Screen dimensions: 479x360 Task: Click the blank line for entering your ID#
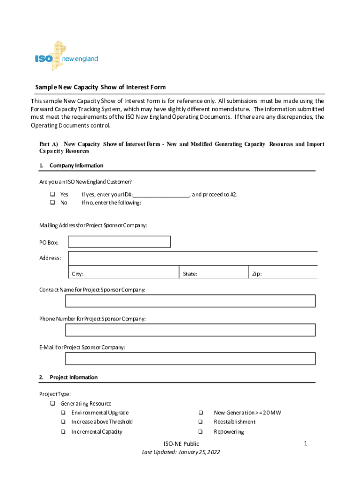[x=161, y=195]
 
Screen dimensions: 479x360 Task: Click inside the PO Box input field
[x=119, y=242]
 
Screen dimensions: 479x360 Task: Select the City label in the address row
[x=78, y=274]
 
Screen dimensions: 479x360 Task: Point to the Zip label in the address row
[x=257, y=274]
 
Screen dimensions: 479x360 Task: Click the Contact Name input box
[x=190, y=301]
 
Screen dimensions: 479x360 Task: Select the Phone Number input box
[x=190, y=330]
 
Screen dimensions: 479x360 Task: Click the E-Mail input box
[x=190, y=358]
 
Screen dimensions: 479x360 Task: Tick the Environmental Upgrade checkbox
[x=63, y=413]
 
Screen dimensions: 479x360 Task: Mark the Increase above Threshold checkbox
[x=63, y=422]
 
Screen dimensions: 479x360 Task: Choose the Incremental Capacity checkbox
[x=63, y=432]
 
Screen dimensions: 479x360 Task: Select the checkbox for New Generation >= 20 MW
[x=200, y=413]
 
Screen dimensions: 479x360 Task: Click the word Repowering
[x=229, y=432]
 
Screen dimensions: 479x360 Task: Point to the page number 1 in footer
[x=305, y=443]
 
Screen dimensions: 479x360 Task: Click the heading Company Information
[x=76, y=166]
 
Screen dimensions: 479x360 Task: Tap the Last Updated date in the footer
[x=181, y=452]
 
